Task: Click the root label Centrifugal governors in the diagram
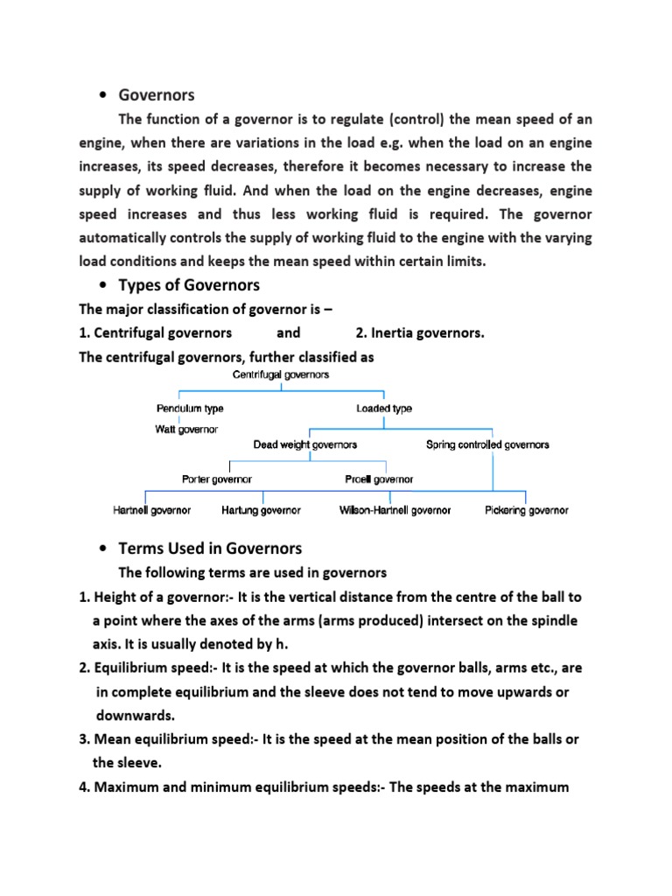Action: click(281, 374)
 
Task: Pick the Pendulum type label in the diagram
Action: click(190, 409)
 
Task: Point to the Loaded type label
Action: click(384, 409)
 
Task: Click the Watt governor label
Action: click(187, 429)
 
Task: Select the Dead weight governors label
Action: click(305, 444)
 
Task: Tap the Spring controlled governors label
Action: click(487, 444)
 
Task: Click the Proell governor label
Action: click(380, 479)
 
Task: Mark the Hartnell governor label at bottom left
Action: click(152, 510)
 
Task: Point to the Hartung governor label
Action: click(261, 510)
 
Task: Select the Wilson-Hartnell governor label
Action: click(395, 510)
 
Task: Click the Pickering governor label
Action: click(527, 510)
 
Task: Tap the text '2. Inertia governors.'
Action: click(420, 332)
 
